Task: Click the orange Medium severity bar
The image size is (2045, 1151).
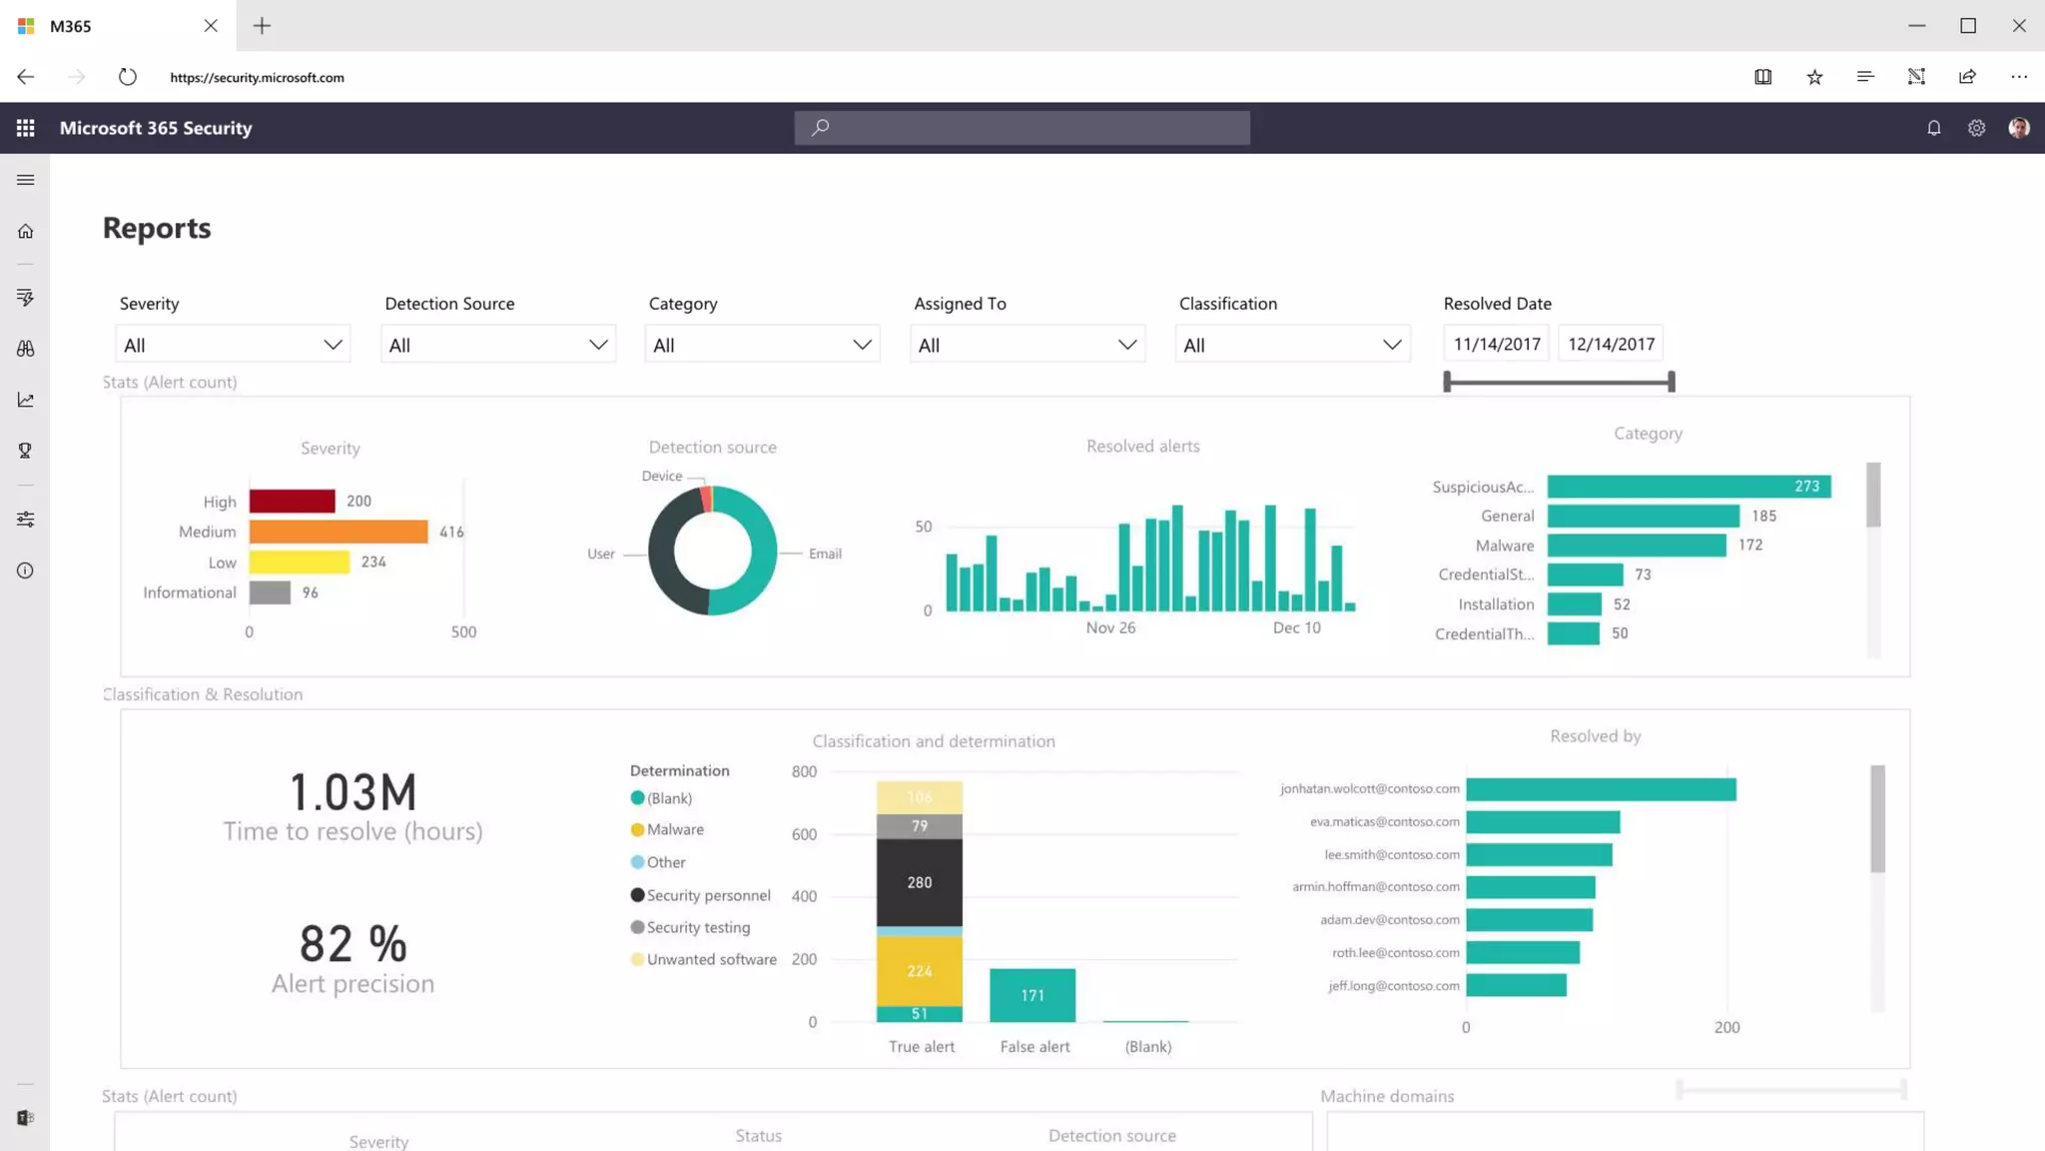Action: pyautogui.click(x=338, y=532)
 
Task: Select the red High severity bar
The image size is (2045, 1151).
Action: pyautogui.click(x=292, y=501)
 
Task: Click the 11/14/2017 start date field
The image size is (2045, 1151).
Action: pyautogui.click(x=1496, y=344)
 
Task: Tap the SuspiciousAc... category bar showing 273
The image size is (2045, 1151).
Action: pyautogui.click(x=1688, y=487)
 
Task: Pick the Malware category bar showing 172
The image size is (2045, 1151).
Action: pyautogui.click(x=1636, y=546)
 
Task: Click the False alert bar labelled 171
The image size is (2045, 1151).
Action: pyautogui.click(x=1032, y=995)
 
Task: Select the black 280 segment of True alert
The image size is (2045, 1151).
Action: pyautogui.click(x=919, y=882)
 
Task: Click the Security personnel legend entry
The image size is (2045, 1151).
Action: pyautogui.click(x=708, y=895)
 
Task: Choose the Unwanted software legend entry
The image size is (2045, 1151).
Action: pyautogui.click(x=711, y=959)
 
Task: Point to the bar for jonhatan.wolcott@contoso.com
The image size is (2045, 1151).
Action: pyautogui.click(x=1601, y=789)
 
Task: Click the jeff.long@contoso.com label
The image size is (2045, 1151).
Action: pyautogui.click(x=1393, y=986)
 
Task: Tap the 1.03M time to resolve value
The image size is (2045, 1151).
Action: pyautogui.click(x=352, y=792)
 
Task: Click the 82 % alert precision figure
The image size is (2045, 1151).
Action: pyautogui.click(x=352, y=944)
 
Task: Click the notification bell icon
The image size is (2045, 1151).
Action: pyautogui.click(x=1933, y=128)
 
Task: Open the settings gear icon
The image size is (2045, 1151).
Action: pyautogui.click(x=1976, y=128)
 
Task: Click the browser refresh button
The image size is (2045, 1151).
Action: pyautogui.click(x=127, y=77)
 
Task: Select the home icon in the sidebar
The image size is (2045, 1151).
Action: pyautogui.click(x=26, y=232)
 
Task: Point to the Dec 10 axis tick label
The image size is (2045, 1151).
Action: pyautogui.click(x=1296, y=627)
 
